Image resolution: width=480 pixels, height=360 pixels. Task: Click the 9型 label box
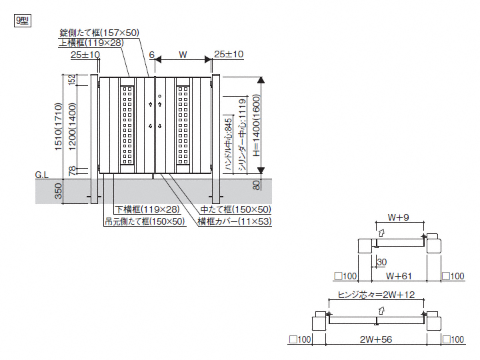coord(21,19)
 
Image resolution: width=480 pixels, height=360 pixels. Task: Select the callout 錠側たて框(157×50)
coord(99,32)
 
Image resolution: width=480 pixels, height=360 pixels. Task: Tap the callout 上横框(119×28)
coord(91,42)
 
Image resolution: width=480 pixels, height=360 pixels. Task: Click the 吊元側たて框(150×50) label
coord(145,221)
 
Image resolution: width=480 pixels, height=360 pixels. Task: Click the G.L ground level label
coord(42,175)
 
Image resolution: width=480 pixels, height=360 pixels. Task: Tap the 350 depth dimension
coord(58,192)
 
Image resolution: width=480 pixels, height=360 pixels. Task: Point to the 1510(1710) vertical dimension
coord(58,127)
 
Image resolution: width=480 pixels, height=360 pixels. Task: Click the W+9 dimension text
coord(399,217)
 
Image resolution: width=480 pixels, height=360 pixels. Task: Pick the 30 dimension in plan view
coord(381,261)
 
